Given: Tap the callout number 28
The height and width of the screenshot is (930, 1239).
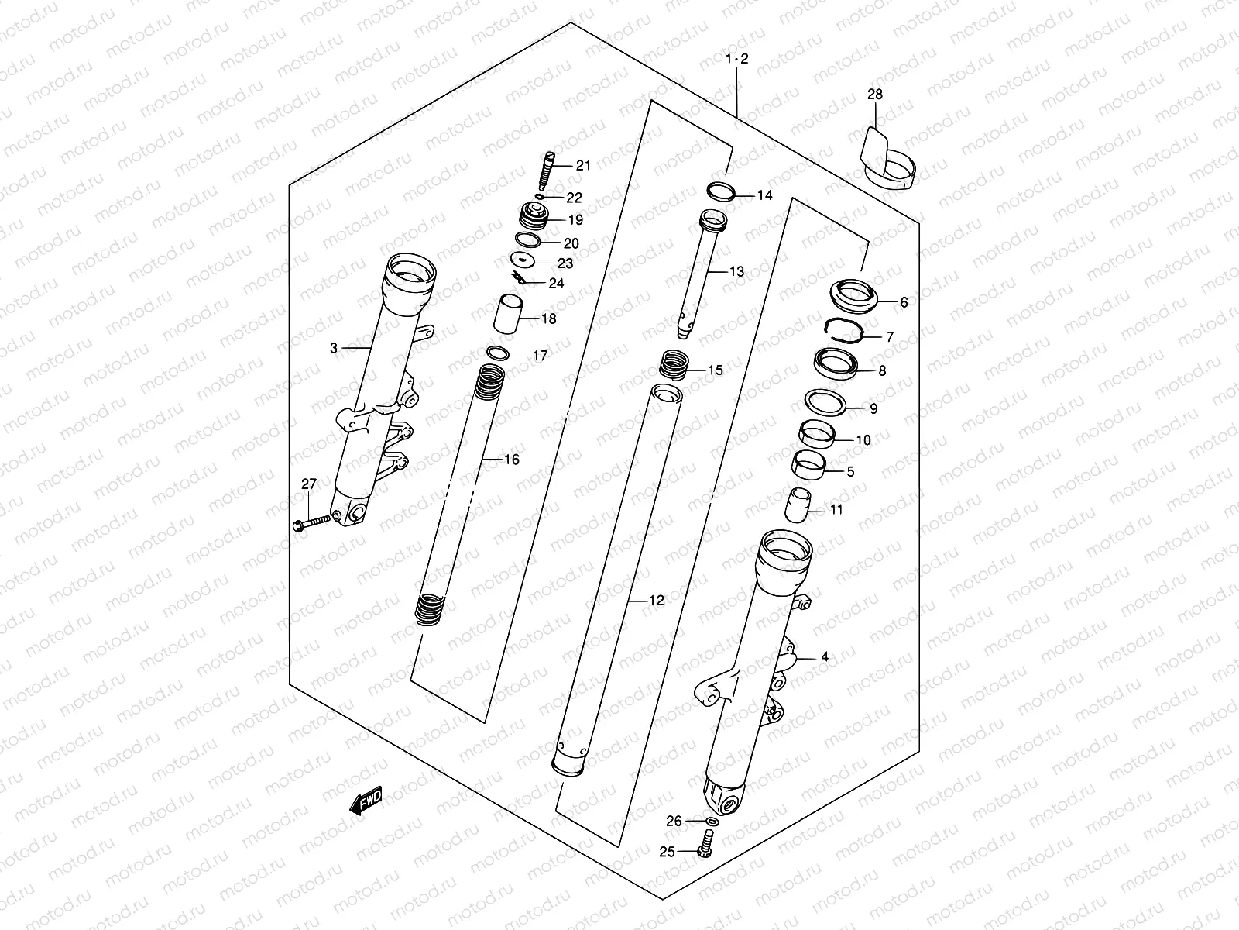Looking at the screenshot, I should click(x=874, y=95).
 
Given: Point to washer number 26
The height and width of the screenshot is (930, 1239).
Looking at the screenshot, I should click(x=711, y=821).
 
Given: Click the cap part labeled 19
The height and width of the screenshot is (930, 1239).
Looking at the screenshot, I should click(x=532, y=216).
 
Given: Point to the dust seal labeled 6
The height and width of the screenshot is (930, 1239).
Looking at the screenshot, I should click(x=854, y=294).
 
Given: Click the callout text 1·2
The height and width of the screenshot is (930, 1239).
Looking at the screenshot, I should click(x=737, y=59).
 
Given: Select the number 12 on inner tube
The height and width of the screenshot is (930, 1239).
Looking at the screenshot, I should click(x=656, y=600).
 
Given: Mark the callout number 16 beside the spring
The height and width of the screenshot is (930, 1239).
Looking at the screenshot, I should click(x=511, y=460).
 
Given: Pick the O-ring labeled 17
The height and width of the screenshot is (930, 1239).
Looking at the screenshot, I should click(x=499, y=353).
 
